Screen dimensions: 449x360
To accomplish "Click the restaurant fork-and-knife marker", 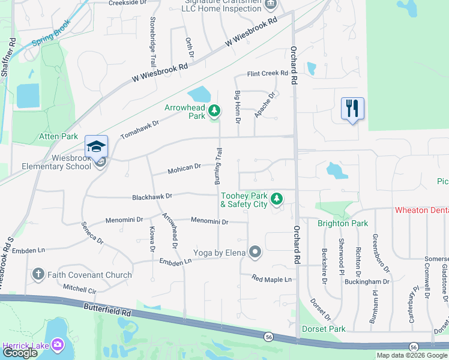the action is pos(352,109).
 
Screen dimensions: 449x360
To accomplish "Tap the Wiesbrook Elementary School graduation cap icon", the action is pos(96,146).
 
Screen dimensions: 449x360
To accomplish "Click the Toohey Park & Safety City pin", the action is pos(276,199).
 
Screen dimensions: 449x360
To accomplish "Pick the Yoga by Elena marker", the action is pos(255,252).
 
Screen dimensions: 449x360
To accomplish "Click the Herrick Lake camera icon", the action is pos(58,344).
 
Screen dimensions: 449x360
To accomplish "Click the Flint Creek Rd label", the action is pos(268,74).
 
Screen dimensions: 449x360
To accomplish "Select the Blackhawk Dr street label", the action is pos(152,196).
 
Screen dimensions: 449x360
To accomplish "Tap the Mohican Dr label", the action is pos(184,167).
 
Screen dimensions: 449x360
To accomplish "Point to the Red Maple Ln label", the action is pos(271,279).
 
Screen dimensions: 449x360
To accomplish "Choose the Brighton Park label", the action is pos(342,223).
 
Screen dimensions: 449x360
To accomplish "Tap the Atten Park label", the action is pos(59,136).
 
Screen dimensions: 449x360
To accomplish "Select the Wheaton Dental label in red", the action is pos(421,211).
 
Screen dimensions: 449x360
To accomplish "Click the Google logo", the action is pos(20,353).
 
